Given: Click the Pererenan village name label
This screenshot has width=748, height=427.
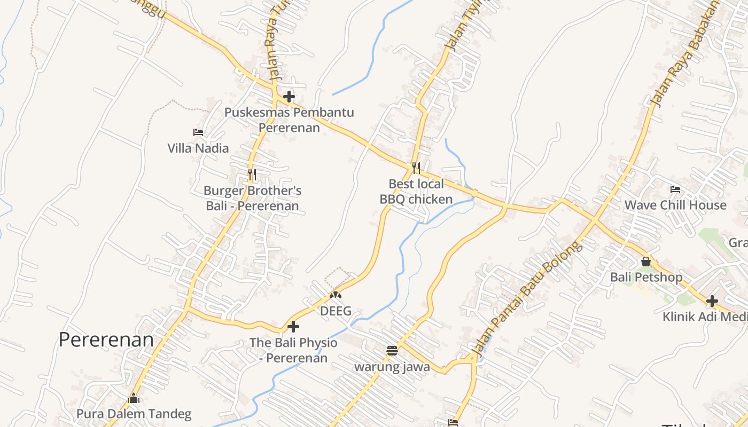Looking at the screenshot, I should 106,340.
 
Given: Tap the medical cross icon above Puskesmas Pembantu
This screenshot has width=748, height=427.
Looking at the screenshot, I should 289,97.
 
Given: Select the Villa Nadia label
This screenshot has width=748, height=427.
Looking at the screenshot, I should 198,148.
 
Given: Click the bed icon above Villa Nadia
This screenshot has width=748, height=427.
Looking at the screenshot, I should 198,132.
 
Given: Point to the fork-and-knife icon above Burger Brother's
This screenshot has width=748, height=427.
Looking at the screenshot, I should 252,174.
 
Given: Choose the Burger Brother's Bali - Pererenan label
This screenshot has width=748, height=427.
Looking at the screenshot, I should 253,198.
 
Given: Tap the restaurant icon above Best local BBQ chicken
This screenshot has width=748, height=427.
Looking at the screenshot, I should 416,168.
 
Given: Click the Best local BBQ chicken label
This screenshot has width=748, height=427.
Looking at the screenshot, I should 416,192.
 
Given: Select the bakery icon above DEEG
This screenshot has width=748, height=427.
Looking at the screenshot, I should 336,295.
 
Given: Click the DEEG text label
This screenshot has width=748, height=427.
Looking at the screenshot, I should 336,311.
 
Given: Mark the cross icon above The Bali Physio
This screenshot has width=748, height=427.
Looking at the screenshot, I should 293,327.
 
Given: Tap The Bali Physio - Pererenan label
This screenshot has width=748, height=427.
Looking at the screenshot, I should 293,350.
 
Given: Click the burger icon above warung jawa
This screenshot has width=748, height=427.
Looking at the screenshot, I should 392,351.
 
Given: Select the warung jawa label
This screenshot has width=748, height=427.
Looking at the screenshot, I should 392,367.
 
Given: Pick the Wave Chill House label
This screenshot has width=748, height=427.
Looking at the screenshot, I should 675,205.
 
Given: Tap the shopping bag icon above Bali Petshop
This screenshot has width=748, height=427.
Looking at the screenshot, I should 646,262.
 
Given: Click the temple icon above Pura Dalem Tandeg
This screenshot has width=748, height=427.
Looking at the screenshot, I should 134,398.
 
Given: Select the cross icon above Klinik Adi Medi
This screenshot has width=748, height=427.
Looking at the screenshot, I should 712,301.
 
